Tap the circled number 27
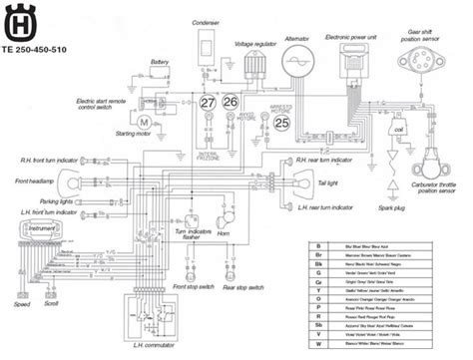[207, 103]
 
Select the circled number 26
[231, 103]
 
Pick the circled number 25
[282, 124]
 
